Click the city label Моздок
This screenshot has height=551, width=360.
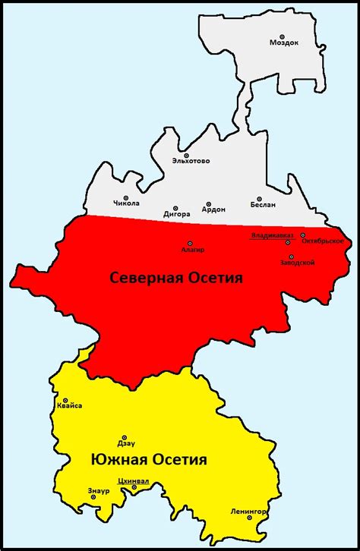(x=284, y=43)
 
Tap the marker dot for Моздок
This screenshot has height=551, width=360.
(x=282, y=36)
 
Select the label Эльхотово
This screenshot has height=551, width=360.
(x=191, y=161)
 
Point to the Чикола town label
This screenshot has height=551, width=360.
(x=126, y=203)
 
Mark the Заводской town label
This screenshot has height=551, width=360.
(x=297, y=263)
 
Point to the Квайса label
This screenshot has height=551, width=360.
(x=69, y=406)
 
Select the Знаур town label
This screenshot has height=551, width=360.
(x=99, y=491)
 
